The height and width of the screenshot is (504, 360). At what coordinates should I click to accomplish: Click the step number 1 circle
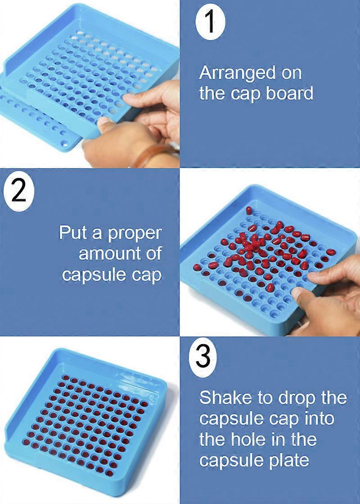coord(211,22)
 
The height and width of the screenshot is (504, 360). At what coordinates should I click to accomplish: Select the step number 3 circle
coord(203,358)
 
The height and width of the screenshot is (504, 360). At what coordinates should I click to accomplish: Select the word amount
coord(112,254)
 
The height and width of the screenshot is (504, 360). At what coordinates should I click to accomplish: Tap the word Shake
coord(220,397)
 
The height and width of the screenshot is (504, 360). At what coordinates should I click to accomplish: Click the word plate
coord(288,459)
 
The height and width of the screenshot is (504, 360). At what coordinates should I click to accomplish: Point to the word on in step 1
coord(289,73)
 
